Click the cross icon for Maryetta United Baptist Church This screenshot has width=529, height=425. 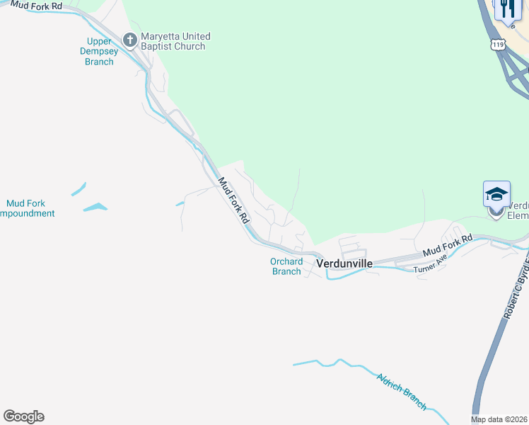129,40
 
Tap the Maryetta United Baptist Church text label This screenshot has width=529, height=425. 175,41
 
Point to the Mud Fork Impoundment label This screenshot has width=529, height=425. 26,208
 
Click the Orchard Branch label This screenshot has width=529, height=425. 286,266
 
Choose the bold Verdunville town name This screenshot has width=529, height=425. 344,263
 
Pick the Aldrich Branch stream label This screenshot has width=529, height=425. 402,391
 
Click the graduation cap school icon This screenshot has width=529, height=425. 496,193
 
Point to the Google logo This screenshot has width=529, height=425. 23,416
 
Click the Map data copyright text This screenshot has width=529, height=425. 499,419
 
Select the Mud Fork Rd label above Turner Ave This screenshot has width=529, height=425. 447,246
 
